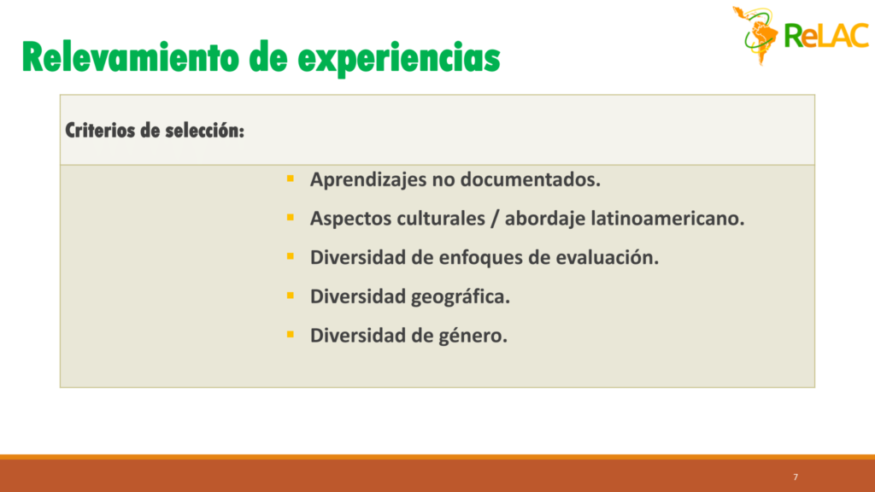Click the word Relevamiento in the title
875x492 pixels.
point(131,57)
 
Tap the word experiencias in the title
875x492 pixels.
point(399,59)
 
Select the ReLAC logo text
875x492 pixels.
point(826,36)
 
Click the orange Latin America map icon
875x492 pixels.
point(756,35)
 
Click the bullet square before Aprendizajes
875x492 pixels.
point(291,179)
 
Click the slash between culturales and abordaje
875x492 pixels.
point(495,219)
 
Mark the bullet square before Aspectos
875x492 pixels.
point(291,218)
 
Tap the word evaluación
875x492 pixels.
point(608,257)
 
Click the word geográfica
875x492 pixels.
point(461,297)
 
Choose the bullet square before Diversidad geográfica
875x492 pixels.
point(291,296)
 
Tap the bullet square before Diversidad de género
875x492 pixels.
point(291,335)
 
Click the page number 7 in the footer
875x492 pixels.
point(796,477)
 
